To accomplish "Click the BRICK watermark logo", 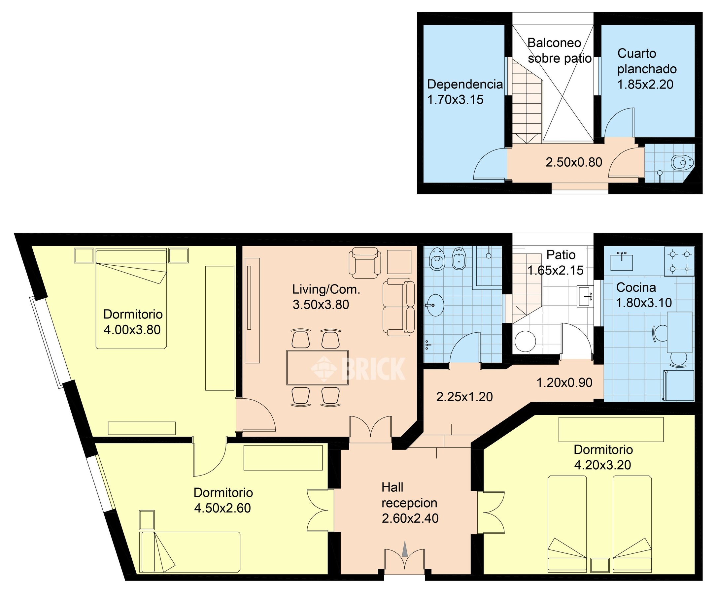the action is coord(358,368).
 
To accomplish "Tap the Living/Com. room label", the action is coord(326,289).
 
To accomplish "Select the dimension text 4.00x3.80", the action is coord(132,330).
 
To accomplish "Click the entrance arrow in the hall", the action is coord(405,549).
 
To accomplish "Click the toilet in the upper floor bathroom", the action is coord(682,162).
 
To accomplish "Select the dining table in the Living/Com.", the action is coord(318,367).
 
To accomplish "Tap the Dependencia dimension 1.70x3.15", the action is coord(455,100).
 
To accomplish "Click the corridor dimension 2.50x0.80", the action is coord(574,162).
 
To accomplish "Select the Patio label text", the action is coord(561,254).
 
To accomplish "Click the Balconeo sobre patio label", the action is coord(560,50).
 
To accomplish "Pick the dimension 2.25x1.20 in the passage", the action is coord(464,397).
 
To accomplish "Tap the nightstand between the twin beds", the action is coord(600,565).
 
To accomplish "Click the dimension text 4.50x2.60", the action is coord(222,508).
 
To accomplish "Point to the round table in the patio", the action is coord(525,341).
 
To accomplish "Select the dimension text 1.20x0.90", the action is coord(564,383).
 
